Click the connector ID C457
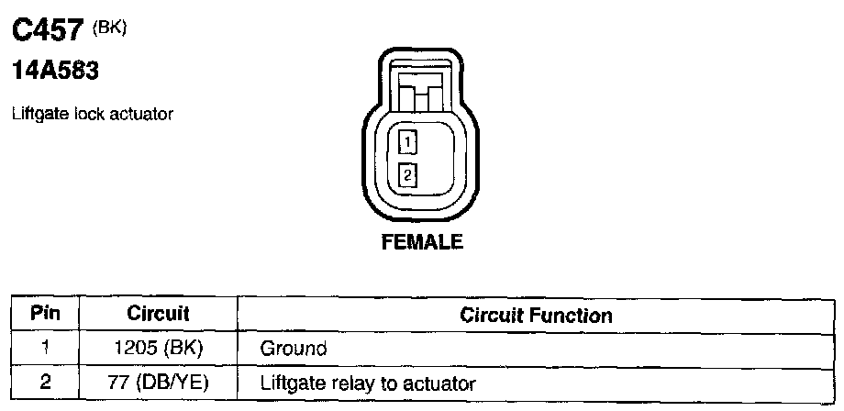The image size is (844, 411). (49, 33)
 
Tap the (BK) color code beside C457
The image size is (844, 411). (110, 28)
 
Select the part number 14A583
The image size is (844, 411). (54, 72)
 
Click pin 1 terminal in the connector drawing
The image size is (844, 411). (408, 142)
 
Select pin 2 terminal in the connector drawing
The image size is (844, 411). (408, 172)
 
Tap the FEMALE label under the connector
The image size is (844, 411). (422, 243)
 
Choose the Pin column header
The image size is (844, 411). (45, 314)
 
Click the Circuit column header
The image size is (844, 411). (158, 314)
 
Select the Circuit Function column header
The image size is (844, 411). (536, 316)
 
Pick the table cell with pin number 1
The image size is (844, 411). (45, 348)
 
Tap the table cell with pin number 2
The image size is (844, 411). (45, 381)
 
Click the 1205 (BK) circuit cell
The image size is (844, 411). (158, 349)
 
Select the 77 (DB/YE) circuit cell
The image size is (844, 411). (158, 382)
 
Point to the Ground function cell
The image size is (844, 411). (294, 349)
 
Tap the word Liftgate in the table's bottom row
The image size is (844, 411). (290, 382)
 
